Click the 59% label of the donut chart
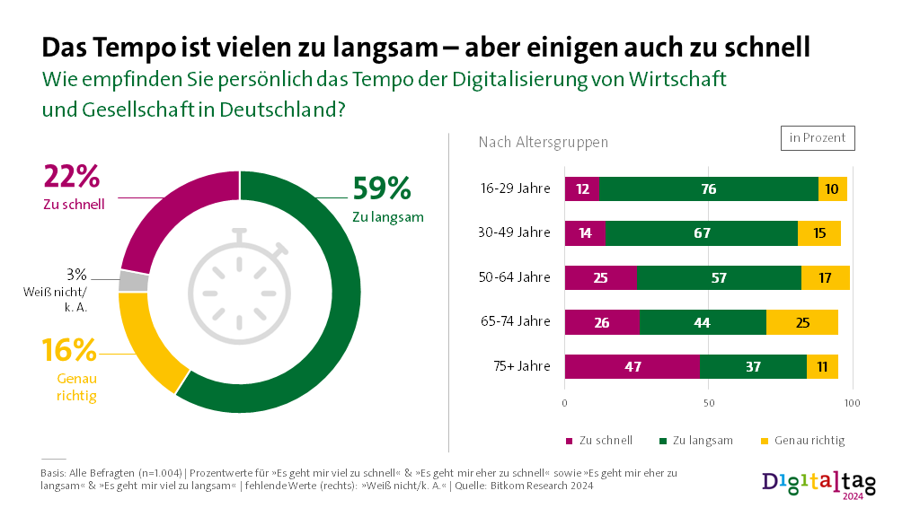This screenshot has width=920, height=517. pyautogui.click(x=382, y=188)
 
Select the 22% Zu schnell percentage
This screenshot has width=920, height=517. pyautogui.click(x=72, y=177)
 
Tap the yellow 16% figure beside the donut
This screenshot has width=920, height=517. pyautogui.click(x=69, y=350)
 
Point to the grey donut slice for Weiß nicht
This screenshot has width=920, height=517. pyautogui.click(x=133, y=281)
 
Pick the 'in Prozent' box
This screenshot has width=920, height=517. pyautogui.click(x=818, y=137)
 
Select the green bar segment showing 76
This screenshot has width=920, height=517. pyautogui.click(x=709, y=188)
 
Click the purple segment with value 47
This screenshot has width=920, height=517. pyautogui.click(x=632, y=366)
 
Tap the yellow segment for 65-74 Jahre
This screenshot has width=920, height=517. pyautogui.click(x=802, y=321)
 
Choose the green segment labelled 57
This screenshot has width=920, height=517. pyautogui.click(x=719, y=277)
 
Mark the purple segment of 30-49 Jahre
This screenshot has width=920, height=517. pyautogui.click(x=585, y=233)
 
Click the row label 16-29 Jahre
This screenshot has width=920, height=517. pyautogui.click(x=516, y=188)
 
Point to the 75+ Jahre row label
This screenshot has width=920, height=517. pyautogui.click(x=521, y=366)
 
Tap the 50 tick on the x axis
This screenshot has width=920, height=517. pyautogui.click(x=708, y=404)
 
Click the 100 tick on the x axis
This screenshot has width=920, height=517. pyautogui.click(x=852, y=404)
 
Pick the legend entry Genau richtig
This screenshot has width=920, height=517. pyautogui.click(x=802, y=441)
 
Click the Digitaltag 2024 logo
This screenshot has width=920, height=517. pyautogui.click(x=818, y=483)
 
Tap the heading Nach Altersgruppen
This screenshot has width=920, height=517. pyautogui.click(x=543, y=142)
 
